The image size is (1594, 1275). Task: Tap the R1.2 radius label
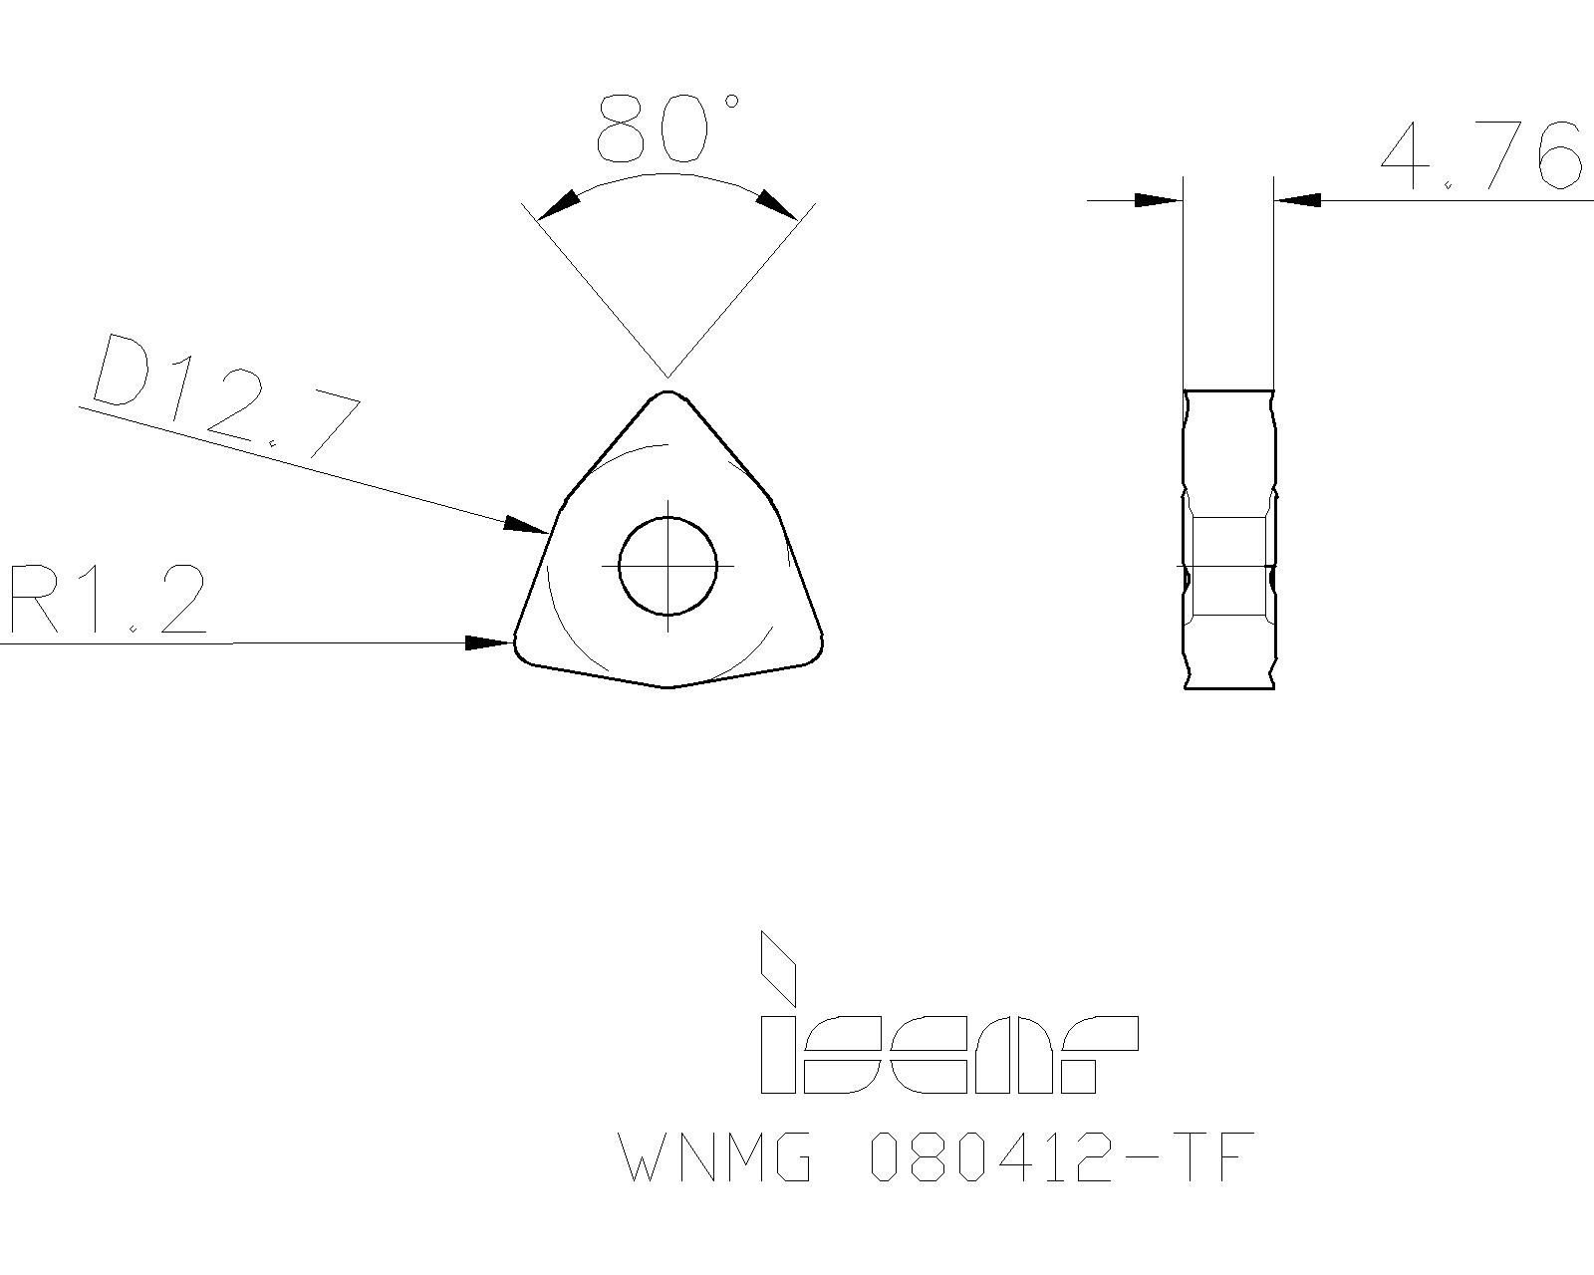[108, 600]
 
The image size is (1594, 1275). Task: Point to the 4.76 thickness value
[1480, 156]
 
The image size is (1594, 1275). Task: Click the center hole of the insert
[667, 566]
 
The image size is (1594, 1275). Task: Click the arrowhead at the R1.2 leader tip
[491, 642]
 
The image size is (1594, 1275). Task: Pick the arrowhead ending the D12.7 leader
[525, 525]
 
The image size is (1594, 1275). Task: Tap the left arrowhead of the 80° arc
[559, 204]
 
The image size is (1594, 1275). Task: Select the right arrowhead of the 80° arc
[776, 203]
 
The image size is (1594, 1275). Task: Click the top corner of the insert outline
[667, 394]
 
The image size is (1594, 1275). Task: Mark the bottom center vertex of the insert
[667, 685]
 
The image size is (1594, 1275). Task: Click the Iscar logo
[946, 1046]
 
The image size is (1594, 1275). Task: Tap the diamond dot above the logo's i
[778, 966]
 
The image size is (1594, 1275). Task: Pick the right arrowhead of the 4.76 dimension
[1298, 200]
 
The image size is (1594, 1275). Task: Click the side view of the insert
[1229, 538]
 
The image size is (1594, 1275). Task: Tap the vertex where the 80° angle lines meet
[667, 377]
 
